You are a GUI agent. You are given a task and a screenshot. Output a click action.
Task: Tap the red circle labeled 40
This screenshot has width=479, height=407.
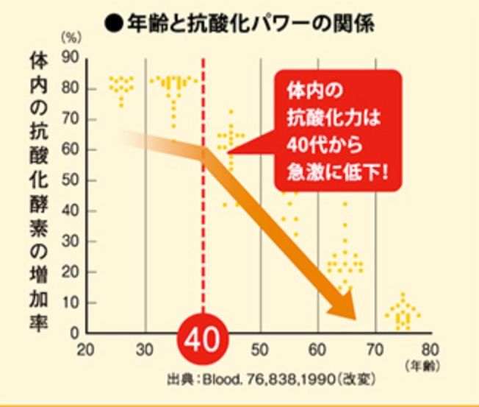pos(203,341)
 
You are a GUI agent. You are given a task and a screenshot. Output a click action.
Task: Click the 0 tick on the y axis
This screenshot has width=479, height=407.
pos(74,333)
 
